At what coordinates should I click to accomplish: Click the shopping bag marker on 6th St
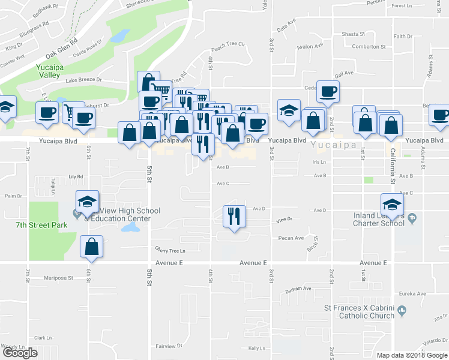[91, 247]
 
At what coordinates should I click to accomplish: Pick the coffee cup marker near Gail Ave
[328, 91]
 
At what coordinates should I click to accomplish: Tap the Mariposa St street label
[59, 278]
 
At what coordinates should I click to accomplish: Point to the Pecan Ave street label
[291, 238]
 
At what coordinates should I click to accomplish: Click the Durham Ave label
[298, 289]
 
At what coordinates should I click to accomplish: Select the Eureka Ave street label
[413, 294]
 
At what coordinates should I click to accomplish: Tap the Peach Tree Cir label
[229, 44]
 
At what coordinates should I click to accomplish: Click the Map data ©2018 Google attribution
[412, 355]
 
